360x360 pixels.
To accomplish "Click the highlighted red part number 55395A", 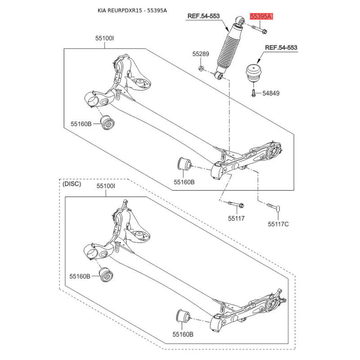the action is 261,17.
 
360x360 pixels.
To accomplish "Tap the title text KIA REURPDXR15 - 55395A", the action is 132,10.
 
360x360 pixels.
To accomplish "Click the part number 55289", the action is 201,54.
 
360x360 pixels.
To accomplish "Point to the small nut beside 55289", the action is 201,68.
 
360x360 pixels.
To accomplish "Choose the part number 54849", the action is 271,93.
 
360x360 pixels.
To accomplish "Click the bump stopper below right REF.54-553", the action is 255,73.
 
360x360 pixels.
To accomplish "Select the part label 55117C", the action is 278,224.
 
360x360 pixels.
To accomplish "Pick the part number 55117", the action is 236,218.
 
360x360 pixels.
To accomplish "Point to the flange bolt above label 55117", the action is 236,204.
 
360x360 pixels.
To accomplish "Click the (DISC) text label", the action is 72,184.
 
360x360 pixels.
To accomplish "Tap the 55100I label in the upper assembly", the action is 104,38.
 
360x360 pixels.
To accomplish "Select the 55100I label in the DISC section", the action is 106,186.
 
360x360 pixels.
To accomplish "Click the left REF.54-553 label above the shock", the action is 204,16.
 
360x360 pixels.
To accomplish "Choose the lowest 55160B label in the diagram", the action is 183,334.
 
